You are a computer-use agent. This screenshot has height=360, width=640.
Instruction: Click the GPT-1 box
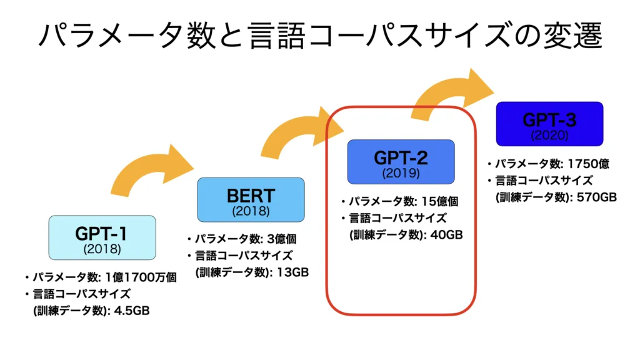tap(102, 237)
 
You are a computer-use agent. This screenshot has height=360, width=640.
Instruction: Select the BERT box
tap(251, 199)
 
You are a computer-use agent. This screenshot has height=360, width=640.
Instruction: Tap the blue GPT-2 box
tap(401, 161)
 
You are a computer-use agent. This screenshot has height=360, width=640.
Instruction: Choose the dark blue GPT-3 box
tap(549, 124)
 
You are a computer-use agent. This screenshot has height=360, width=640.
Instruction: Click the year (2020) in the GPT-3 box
tap(549, 134)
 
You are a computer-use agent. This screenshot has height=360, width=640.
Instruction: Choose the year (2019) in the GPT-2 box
tap(401, 172)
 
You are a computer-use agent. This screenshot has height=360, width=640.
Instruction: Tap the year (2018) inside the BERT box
tap(251, 211)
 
